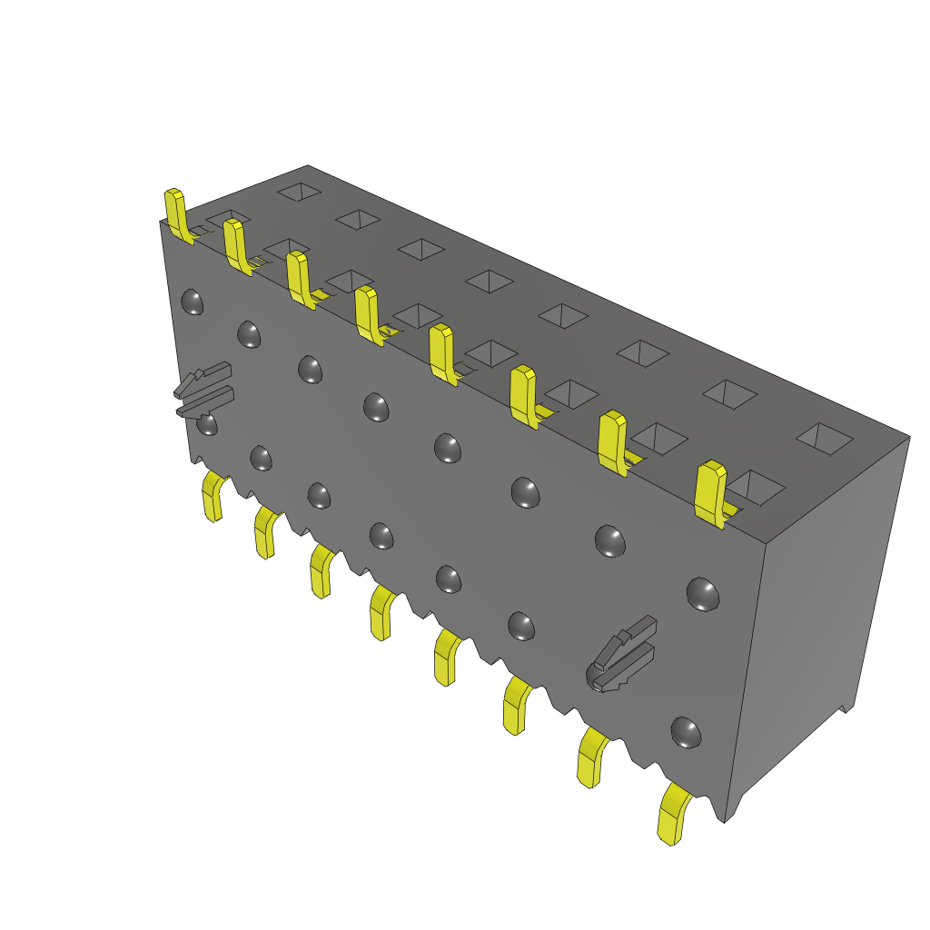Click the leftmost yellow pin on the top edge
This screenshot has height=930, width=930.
[177, 216]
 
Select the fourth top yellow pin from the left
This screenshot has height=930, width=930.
[368, 315]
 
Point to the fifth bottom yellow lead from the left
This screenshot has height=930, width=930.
[446, 658]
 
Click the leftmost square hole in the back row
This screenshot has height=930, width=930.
[299, 192]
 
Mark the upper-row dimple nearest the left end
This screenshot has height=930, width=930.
[192, 302]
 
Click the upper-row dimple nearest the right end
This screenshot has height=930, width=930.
[703, 594]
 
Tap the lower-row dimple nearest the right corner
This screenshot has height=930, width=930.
[685, 732]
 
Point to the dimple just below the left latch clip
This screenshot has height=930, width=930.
[207, 425]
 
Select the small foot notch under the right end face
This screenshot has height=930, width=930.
[845, 707]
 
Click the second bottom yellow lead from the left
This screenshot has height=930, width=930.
[266, 532]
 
